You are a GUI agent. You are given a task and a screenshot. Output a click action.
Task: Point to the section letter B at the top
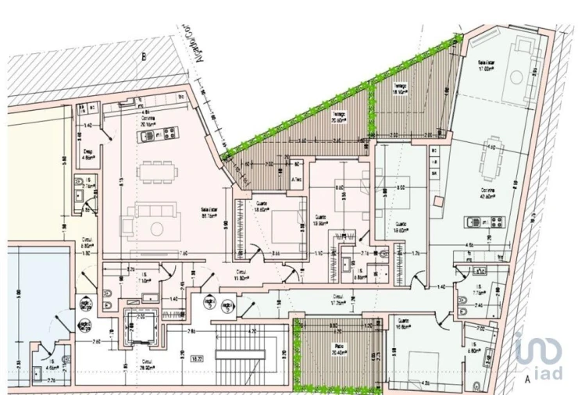click(x=143, y=56)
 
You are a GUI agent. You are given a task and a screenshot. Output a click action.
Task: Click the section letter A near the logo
click(x=529, y=379)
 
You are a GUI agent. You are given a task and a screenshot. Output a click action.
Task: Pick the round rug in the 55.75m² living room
click(x=157, y=228)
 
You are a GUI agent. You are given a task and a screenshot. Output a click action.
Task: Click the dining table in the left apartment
click(x=158, y=169)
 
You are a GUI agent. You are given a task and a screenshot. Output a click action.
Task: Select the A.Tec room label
click(x=297, y=180)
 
